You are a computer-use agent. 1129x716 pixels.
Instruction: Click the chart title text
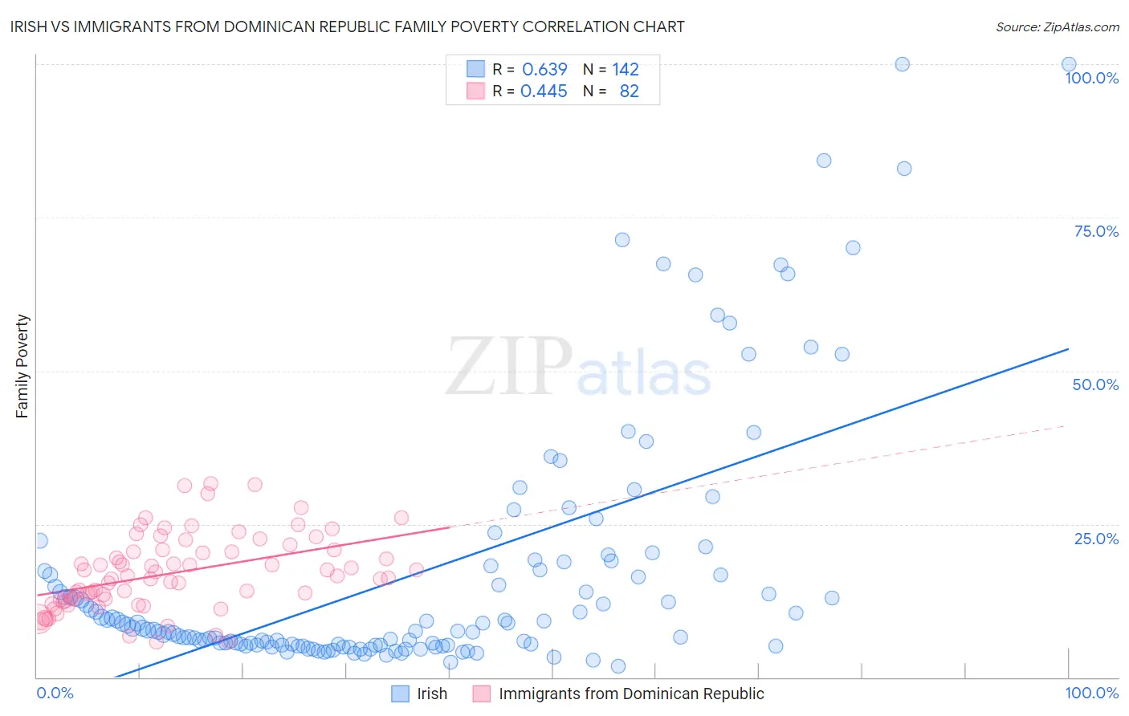pyautogui.click(x=347, y=26)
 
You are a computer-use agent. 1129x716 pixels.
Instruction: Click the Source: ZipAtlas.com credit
pyautogui.click(x=1057, y=26)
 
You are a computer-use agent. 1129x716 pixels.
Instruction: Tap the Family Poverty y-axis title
pyautogui.click(x=22, y=366)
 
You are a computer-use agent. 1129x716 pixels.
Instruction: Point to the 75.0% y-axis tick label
pyautogui.click(x=1096, y=231)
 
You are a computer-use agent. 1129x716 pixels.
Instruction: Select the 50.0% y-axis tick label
pyautogui.click(x=1095, y=384)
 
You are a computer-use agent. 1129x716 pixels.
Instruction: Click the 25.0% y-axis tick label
pyautogui.click(x=1096, y=538)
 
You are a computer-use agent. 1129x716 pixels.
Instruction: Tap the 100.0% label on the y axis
pyautogui.click(x=1091, y=78)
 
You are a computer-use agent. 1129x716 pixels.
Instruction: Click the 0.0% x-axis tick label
pyautogui.click(x=55, y=693)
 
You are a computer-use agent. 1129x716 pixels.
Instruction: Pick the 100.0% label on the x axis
pyautogui.click(x=1091, y=693)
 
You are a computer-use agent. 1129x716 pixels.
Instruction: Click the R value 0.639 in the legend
pyautogui.click(x=544, y=69)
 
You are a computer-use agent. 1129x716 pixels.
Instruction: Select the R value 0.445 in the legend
pyautogui.click(x=544, y=92)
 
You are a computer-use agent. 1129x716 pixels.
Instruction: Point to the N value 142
pyautogui.click(x=626, y=69)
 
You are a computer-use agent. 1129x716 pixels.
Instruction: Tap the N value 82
pyautogui.click(x=629, y=92)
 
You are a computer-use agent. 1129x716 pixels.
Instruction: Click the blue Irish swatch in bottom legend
pyautogui.click(x=400, y=694)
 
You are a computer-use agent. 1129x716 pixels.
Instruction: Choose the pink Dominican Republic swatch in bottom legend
pyautogui.click(x=481, y=694)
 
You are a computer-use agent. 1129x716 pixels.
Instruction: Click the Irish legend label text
pyautogui.click(x=432, y=694)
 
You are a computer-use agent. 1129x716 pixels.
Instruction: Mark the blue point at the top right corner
pyautogui.click(x=1069, y=64)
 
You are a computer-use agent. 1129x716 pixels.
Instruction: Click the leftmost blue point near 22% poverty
pyautogui.click(x=40, y=541)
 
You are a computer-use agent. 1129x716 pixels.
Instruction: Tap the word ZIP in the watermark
pyautogui.click(x=508, y=367)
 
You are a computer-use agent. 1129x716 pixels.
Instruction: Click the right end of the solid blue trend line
pyautogui.click(x=1068, y=349)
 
